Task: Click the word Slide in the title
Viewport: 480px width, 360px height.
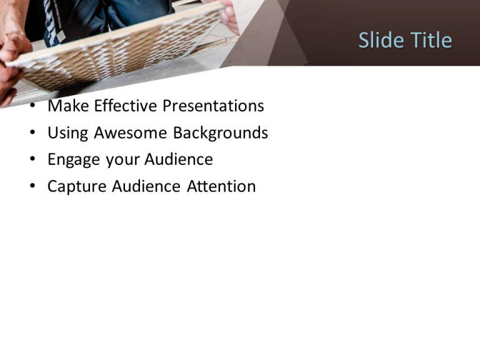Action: [x=381, y=41]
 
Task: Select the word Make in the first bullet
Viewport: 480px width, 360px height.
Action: [x=69, y=106]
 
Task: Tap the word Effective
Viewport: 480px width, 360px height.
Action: [x=126, y=106]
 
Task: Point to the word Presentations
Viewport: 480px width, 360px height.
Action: [x=213, y=106]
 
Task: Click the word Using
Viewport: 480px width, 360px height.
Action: [x=68, y=133]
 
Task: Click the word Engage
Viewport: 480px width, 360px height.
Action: [x=74, y=160]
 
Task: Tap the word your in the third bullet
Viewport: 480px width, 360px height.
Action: [x=122, y=160]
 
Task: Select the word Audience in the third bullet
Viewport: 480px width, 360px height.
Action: [x=179, y=160]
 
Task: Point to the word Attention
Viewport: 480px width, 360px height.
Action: [x=221, y=187]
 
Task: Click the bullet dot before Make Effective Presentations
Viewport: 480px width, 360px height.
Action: [x=32, y=107]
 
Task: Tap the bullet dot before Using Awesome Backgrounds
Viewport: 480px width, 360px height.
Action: [x=32, y=134]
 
